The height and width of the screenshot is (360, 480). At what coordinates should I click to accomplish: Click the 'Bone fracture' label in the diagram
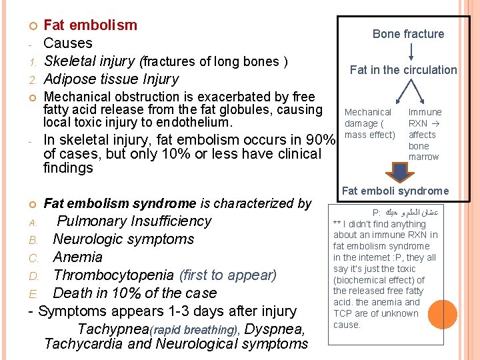pos(408,34)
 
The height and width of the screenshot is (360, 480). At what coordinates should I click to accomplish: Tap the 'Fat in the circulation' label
pos(403,70)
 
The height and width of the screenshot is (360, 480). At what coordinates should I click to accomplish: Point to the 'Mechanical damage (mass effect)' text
pos(369,123)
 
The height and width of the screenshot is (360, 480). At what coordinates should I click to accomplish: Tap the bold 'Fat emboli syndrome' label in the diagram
pos(395,191)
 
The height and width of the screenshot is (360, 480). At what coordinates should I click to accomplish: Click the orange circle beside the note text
pos(443,314)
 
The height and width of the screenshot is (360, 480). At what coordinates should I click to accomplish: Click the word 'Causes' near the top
pos(68,43)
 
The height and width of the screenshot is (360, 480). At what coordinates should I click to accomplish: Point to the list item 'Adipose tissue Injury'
pos(111,79)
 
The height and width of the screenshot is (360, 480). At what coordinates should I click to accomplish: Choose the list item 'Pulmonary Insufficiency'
pos(134,221)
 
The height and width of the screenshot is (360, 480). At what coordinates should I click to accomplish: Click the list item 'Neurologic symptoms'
pos(123,239)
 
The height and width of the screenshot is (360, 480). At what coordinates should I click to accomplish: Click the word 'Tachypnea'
pos(113,329)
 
